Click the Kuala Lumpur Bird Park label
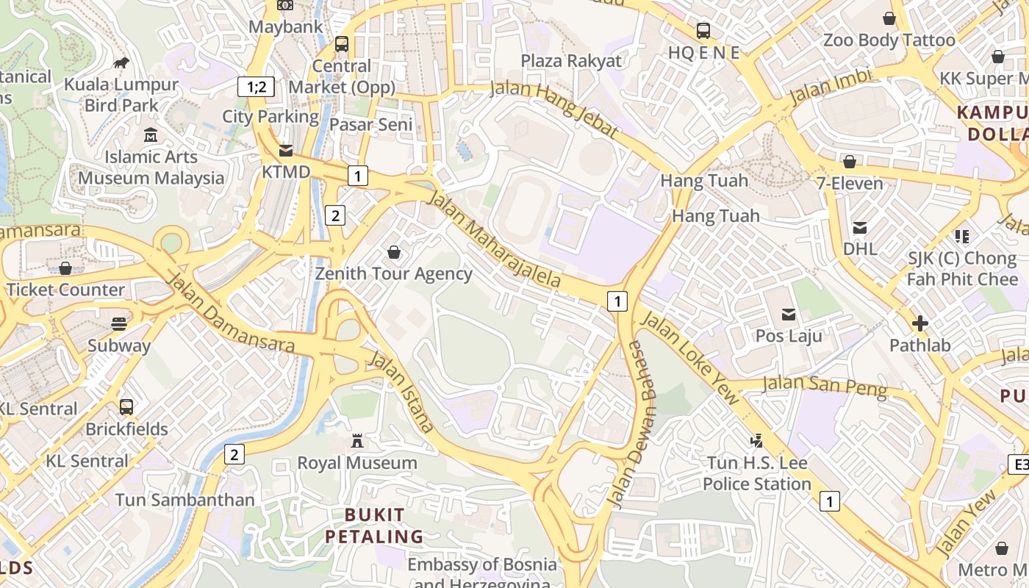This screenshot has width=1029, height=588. point(121,95)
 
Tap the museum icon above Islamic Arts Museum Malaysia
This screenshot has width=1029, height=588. point(151,135)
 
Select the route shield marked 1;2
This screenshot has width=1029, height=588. point(256,87)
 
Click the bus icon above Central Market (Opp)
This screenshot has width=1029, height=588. point(342,44)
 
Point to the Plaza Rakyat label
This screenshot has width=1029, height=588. point(571,61)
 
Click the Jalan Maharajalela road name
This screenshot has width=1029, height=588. point(494,240)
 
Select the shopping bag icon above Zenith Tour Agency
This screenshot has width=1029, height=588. point(394,252)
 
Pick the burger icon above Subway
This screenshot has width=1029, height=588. point(119,323)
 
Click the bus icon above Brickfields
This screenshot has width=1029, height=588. point(126,406)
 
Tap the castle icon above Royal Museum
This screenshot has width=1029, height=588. point(357,441)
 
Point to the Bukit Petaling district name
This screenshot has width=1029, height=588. point(375,526)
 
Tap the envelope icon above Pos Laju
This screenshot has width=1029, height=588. point(789,315)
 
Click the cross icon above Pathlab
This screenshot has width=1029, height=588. point(919,323)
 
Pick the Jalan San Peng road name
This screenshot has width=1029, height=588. point(824,385)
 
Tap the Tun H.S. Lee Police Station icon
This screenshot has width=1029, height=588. point(756,441)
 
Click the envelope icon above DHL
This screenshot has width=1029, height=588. point(860,228)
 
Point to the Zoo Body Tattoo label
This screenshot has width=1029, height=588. point(889,40)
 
